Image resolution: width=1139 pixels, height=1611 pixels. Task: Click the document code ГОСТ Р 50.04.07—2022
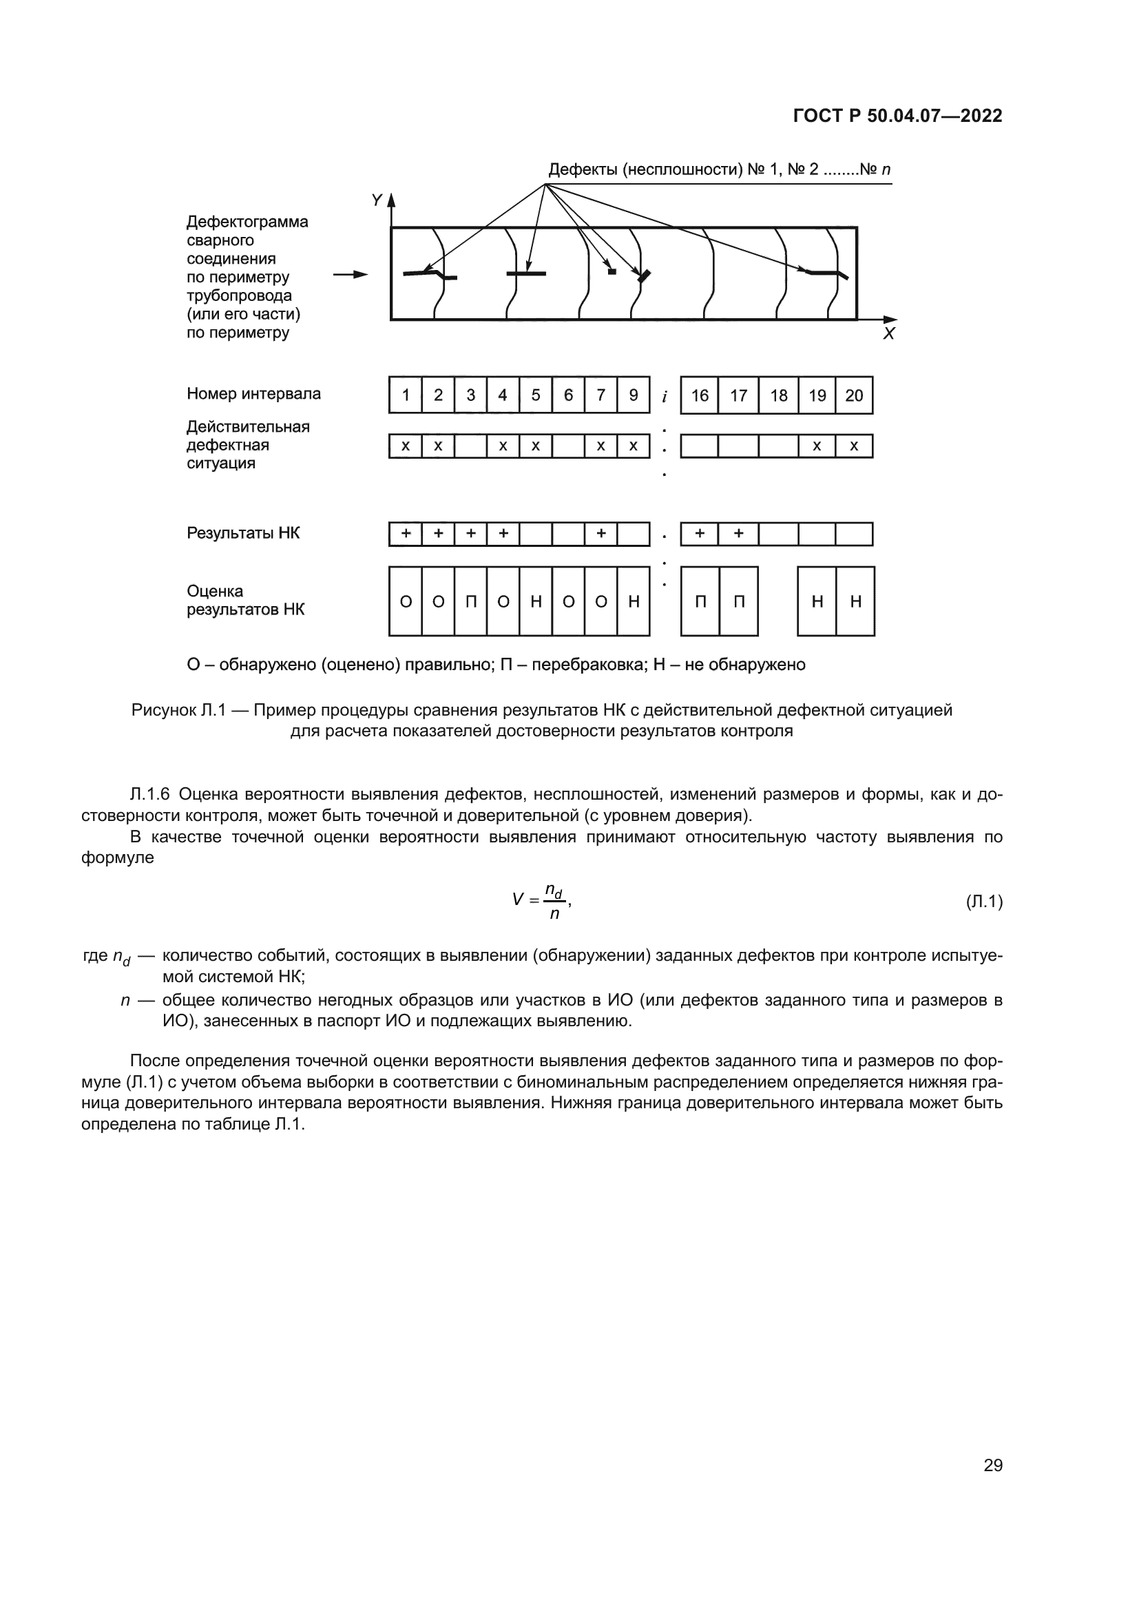click(897, 116)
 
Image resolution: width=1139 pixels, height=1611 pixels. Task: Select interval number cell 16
click(699, 395)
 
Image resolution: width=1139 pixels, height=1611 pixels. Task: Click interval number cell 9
click(634, 395)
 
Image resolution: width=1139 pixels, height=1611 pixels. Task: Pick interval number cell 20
click(853, 395)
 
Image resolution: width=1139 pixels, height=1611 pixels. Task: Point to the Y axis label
click(377, 200)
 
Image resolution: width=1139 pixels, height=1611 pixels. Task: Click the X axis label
click(888, 334)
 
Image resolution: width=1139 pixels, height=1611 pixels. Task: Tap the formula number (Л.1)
click(984, 901)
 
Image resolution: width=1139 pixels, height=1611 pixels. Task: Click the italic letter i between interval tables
click(663, 397)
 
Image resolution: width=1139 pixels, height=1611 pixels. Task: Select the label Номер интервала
click(253, 394)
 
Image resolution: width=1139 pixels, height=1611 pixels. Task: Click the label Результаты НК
click(242, 533)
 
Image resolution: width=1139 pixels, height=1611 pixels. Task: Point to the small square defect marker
click(612, 271)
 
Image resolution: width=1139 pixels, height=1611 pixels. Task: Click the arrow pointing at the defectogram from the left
click(350, 274)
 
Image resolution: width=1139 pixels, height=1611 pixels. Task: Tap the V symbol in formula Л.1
click(519, 900)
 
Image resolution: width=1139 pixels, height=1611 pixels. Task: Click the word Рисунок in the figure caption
click(163, 710)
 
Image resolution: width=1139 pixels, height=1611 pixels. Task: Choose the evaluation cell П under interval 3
click(470, 601)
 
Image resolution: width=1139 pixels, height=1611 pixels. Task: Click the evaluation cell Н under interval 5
click(536, 601)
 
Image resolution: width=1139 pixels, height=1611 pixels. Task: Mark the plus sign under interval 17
click(738, 534)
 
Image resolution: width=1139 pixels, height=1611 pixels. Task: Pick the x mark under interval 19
click(817, 446)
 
